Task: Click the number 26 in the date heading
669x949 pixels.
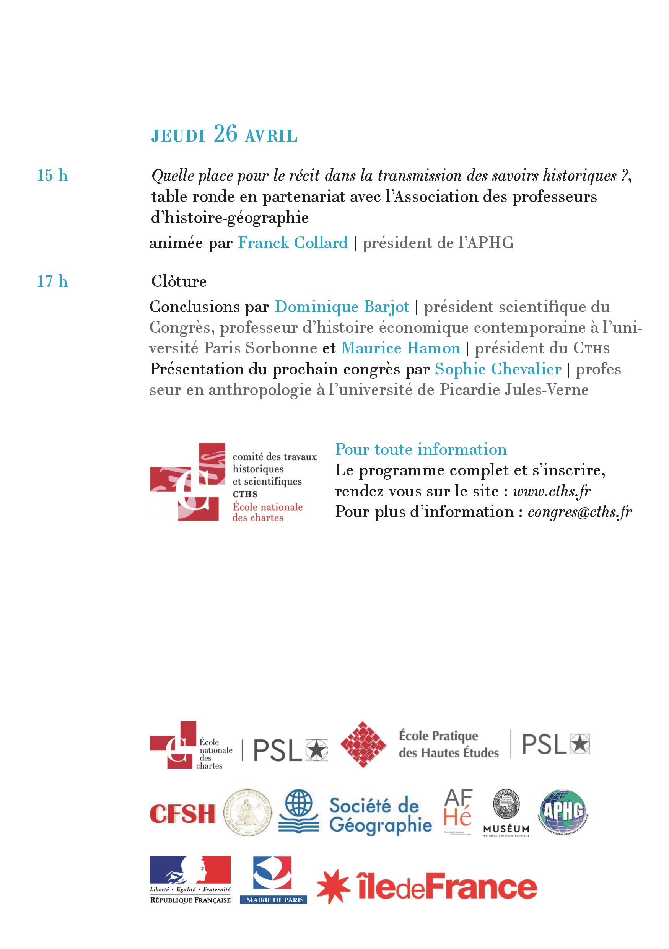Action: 226,133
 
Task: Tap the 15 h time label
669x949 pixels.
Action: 52,176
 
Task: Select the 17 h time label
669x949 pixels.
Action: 52,282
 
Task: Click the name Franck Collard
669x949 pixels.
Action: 293,243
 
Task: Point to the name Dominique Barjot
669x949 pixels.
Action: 342,307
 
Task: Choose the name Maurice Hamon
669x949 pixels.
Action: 400,348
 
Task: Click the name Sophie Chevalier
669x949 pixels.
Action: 498,369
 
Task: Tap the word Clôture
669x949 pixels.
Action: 179,282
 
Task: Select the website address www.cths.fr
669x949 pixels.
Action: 552,491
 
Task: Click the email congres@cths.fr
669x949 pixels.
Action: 580,512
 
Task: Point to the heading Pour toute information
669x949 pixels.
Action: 421,449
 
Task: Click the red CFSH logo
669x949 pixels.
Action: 182,814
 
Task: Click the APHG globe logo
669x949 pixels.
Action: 564,811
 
